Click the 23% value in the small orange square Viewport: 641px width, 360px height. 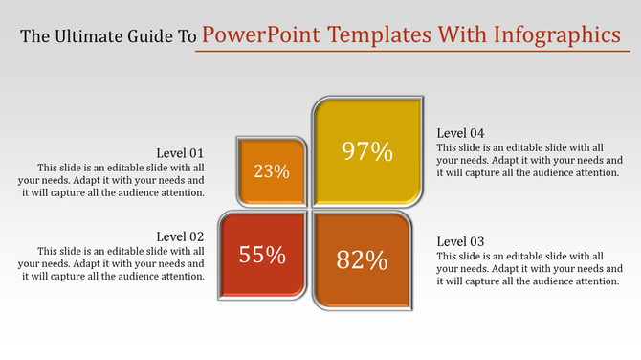(272, 171)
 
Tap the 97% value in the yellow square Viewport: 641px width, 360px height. (368, 150)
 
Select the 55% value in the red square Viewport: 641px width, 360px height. (263, 255)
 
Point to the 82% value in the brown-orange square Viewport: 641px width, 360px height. (363, 259)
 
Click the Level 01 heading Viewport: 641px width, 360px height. (181, 153)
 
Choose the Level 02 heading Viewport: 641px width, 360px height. (181, 236)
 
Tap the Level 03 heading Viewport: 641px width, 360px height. (461, 241)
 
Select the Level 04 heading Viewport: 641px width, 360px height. (461, 132)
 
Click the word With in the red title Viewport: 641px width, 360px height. (462, 35)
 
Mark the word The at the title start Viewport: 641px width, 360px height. (34, 36)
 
